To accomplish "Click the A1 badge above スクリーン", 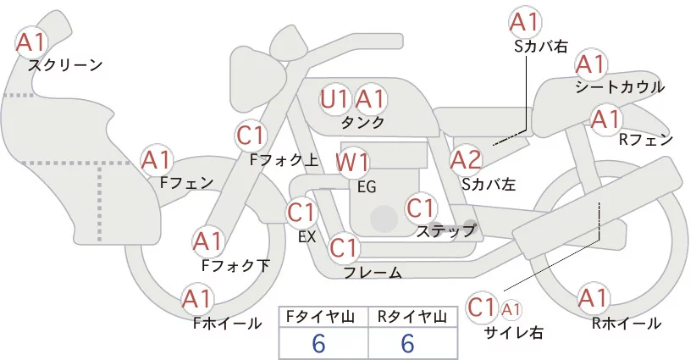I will click(35, 40).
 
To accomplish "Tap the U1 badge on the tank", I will click(334, 99).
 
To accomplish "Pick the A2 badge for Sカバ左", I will click(466, 158).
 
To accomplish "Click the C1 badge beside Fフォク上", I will click(251, 134).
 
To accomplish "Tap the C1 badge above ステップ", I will click(421, 207).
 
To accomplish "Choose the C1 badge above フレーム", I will click(345, 248).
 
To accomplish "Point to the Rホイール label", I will click(627, 323).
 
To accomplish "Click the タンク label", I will click(362, 123).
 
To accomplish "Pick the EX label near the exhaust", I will click(307, 236).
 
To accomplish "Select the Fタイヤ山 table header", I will click(323, 317).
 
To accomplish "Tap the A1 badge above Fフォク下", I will click(208, 241).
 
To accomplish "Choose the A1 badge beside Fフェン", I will click(157, 158).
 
